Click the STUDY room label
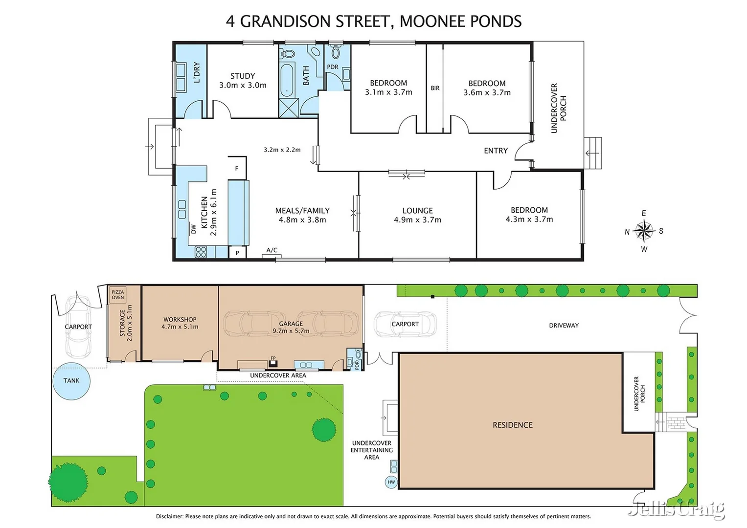tap(243, 76)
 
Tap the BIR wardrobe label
tap(435, 88)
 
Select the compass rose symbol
tap(644, 231)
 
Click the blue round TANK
tap(71, 381)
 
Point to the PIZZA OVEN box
tap(117, 294)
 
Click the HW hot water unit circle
tap(391, 482)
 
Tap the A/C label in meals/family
tap(272, 250)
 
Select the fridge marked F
tap(237, 169)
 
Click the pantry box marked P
tap(237, 253)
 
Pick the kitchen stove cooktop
tap(201, 252)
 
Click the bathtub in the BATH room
tap(286, 80)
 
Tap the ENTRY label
tap(496, 151)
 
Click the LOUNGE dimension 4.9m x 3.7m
tap(417, 220)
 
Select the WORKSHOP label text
tap(180, 319)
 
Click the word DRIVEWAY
tap(564, 326)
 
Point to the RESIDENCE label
tap(512, 425)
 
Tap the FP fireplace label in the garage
tap(273, 358)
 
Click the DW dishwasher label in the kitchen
tap(193, 228)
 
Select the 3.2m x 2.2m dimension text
tap(282, 150)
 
